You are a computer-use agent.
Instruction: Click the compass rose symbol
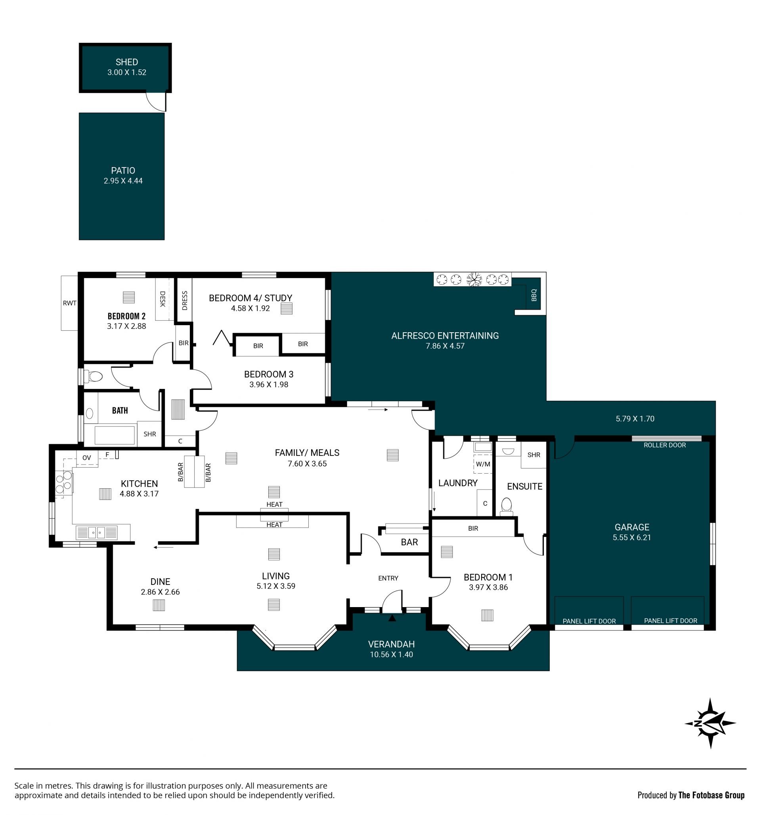click(711, 724)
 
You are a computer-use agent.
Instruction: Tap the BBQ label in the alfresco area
click(534, 295)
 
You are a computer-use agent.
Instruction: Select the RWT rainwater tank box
click(69, 303)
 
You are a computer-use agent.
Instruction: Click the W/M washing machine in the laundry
click(483, 464)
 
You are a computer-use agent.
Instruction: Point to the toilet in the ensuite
click(507, 507)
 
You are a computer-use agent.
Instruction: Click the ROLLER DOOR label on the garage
click(665, 445)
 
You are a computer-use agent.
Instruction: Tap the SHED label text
click(127, 62)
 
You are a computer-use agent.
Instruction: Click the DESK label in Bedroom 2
click(163, 299)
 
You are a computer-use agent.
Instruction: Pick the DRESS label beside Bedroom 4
click(185, 301)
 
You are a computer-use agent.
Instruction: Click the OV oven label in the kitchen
click(86, 458)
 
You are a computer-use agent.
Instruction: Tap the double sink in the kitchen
click(97, 533)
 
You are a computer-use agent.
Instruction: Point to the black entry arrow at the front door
click(392, 617)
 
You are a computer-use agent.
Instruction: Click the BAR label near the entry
click(409, 543)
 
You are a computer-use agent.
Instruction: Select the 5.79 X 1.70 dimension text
click(635, 419)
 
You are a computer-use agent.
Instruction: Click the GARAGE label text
click(632, 527)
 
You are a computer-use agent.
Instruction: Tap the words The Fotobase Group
click(711, 795)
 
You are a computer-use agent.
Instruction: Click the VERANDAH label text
click(391, 644)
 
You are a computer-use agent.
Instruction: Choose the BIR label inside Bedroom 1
click(473, 528)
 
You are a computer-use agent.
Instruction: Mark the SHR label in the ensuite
click(534, 455)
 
